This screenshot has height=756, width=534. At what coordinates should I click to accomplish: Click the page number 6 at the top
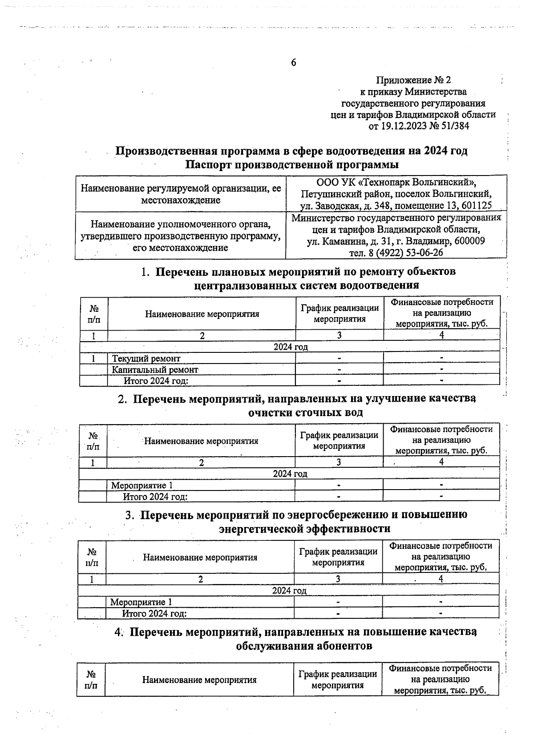(x=293, y=63)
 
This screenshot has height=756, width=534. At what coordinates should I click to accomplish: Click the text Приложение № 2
(x=413, y=80)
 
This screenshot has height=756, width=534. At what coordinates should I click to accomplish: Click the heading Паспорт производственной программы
(x=291, y=164)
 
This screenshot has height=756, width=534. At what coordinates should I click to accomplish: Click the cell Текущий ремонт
(x=146, y=359)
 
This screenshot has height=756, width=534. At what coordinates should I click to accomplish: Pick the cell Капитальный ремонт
(x=155, y=370)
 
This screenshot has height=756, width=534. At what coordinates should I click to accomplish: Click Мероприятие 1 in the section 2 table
(x=142, y=486)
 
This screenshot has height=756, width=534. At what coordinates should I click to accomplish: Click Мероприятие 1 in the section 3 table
(x=141, y=602)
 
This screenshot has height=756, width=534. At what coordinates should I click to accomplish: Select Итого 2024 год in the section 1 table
(x=156, y=381)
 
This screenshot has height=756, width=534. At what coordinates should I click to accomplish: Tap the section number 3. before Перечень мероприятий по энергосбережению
(x=129, y=515)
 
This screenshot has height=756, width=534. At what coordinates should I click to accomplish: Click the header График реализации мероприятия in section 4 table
(x=337, y=680)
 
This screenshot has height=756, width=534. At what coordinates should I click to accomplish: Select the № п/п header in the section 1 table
(x=94, y=314)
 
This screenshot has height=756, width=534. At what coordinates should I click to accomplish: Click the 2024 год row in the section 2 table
(x=290, y=474)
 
